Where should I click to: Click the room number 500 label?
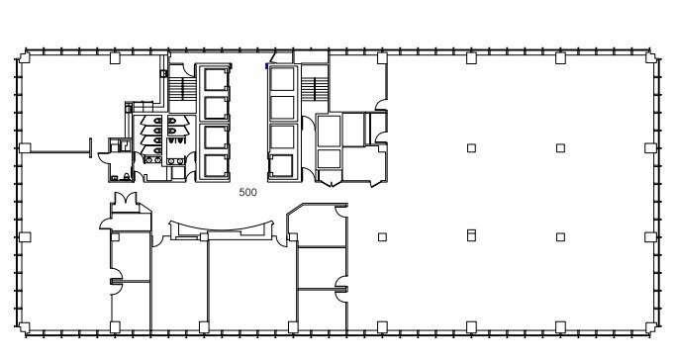pyautogui.click(x=247, y=193)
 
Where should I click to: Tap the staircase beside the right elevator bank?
pyautogui.click(x=314, y=88)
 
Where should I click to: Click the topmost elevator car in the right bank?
pyautogui.click(x=282, y=78)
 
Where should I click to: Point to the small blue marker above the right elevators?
pyautogui.click(x=266, y=65)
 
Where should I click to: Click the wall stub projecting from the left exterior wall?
pyautogui.click(x=54, y=152)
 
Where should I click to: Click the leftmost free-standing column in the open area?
pyautogui.click(x=382, y=237)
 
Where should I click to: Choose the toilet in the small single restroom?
pyautogui.click(x=115, y=176)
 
